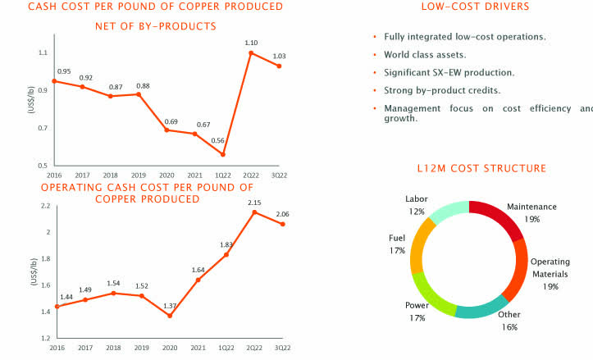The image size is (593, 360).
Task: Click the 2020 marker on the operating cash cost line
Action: pyautogui.click(x=169, y=316)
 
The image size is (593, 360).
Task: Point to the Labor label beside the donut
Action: pyautogui.click(x=417, y=199)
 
